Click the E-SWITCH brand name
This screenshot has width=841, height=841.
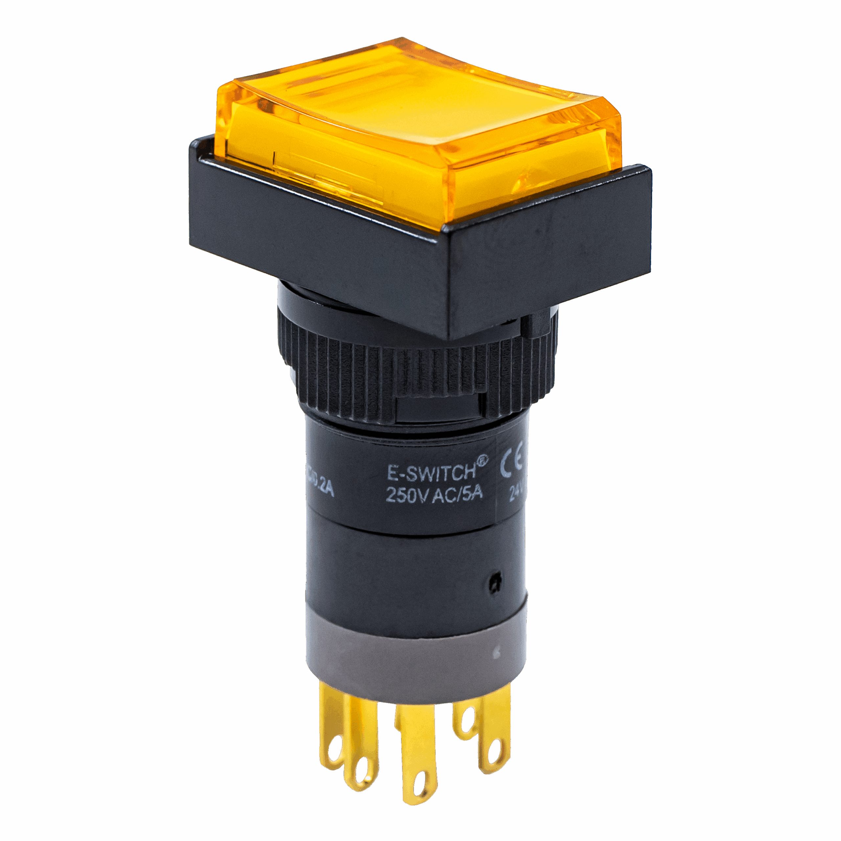click(x=431, y=472)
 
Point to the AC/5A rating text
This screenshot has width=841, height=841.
click(x=457, y=493)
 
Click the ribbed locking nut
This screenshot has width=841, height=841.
click(x=392, y=375)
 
